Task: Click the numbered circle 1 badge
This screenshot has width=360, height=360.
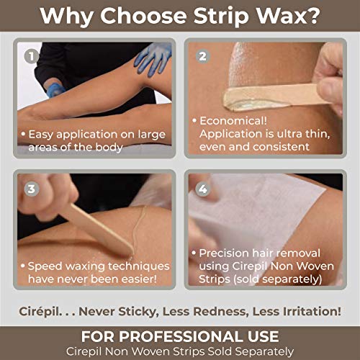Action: click(32, 56)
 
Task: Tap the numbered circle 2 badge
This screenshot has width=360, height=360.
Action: click(203, 56)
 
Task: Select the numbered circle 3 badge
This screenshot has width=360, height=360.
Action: click(32, 189)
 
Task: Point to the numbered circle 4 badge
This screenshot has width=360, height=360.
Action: click(203, 189)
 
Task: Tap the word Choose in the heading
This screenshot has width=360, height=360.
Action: click(143, 16)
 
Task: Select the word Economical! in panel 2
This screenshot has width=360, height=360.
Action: click(233, 121)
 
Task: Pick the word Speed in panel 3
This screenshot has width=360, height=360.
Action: click(45, 266)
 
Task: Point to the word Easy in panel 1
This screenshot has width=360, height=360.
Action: click(40, 135)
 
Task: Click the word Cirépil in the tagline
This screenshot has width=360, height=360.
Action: click(40, 312)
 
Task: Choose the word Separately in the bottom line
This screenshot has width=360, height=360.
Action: click(264, 351)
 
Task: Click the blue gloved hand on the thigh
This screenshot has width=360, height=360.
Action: click(153, 59)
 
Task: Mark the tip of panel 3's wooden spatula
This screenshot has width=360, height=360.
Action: click(131, 252)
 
